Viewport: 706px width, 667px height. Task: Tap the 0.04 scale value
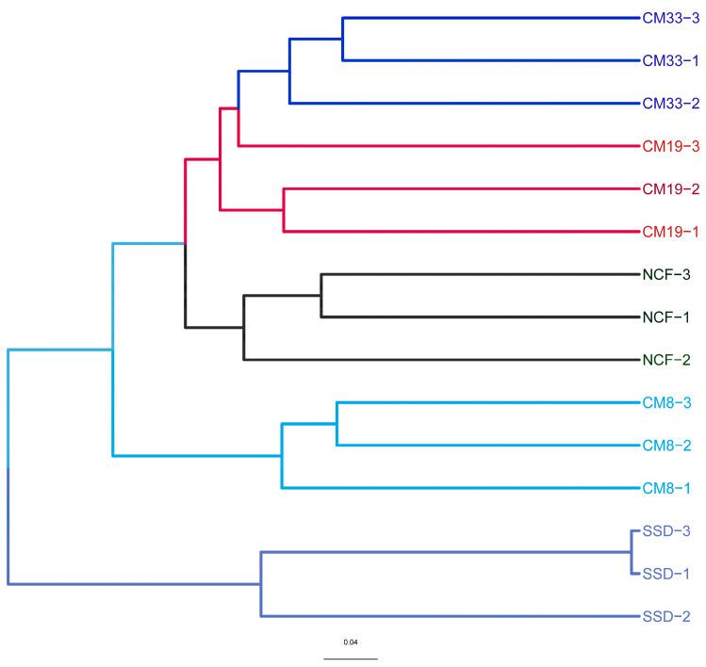tap(351, 643)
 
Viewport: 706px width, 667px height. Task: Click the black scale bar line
tap(351, 658)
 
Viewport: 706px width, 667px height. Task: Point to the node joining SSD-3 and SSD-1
tap(630, 552)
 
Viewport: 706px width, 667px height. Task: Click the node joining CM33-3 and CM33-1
tap(342, 39)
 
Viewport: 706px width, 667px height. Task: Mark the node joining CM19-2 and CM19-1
tap(284, 210)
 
